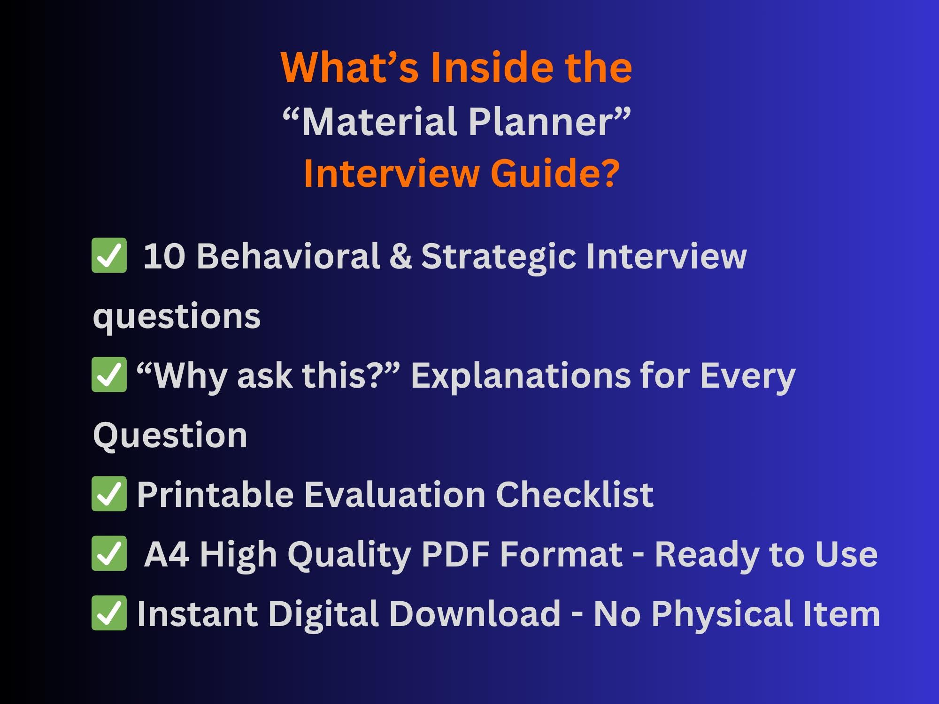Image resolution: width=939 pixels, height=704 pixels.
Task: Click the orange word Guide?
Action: [555, 173]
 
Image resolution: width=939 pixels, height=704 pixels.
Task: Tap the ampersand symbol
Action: [400, 256]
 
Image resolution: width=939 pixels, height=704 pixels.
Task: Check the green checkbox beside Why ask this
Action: [109, 375]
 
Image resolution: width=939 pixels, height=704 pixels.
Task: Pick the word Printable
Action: [216, 494]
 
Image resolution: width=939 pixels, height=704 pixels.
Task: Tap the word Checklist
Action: [575, 494]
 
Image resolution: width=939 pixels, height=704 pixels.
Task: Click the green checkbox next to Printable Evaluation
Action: [109, 493]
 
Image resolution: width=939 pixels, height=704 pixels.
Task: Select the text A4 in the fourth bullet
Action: [167, 554]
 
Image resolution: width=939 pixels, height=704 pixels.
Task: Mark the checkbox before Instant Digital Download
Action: [109, 612]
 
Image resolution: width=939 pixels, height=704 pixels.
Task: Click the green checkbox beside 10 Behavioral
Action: [109, 255]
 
